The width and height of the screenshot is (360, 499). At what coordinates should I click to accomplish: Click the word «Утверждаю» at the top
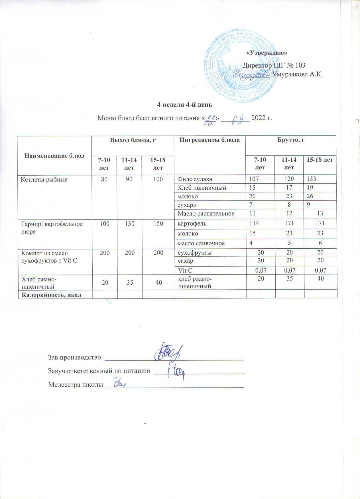pos(267,53)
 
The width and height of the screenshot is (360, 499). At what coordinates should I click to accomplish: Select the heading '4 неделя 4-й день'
pos(185,105)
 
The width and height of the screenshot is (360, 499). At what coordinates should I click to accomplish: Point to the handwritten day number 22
pos(211,117)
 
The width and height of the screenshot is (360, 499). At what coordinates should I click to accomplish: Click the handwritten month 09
pos(237,117)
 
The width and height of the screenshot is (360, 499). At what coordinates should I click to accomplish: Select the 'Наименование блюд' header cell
pos(54,156)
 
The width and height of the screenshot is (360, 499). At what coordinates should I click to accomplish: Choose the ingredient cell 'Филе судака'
pos(195,179)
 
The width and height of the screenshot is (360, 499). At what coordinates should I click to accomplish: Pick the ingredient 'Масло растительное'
pos(206,213)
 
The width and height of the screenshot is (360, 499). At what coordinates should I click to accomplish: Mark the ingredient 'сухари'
pos(187,205)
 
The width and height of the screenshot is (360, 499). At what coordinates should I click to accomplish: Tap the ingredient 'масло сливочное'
pos(201,243)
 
